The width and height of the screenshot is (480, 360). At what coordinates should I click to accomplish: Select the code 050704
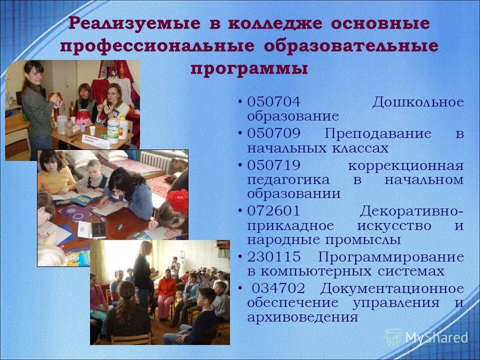point(273,102)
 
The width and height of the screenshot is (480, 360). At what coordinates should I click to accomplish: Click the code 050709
point(273,134)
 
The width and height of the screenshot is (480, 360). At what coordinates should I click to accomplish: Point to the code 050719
point(273,166)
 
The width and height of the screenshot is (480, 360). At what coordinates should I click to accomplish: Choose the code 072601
point(273,211)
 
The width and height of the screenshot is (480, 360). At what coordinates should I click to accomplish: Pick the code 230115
point(273,257)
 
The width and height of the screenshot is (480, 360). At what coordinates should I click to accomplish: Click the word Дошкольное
point(417,102)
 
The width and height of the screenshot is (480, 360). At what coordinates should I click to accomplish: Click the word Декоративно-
point(411,211)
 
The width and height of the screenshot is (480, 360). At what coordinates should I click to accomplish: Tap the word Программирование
point(390,257)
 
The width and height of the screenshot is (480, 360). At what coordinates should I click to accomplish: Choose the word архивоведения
point(302,317)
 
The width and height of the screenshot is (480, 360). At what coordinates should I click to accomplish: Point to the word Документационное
point(392,289)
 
